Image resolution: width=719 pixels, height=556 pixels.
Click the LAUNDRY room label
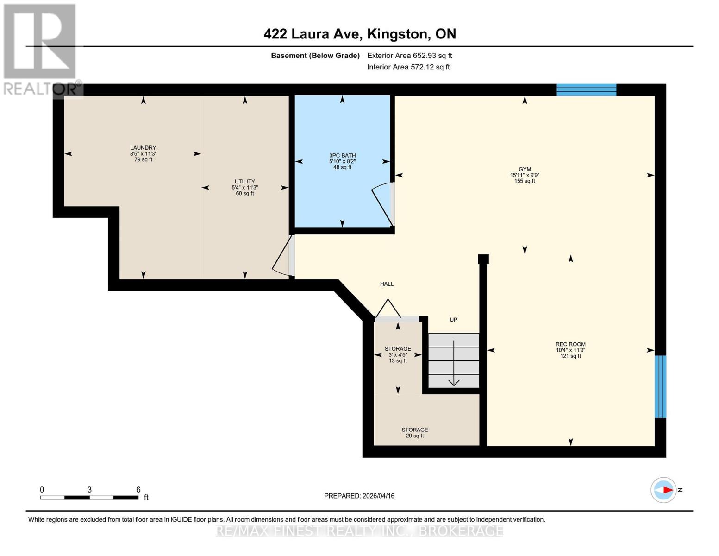tap(143, 148)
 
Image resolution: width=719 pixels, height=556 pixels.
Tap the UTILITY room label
tap(244, 182)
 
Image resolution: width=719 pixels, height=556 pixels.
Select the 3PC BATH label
tap(342, 156)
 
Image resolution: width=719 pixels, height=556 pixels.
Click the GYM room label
tap(525, 170)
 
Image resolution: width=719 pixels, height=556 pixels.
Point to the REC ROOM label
tap(570, 344)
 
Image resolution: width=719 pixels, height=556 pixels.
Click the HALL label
tap(387, 284)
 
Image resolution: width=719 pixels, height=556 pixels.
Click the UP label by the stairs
tap(453, 320)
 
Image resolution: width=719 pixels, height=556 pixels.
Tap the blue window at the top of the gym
tap(586, 90)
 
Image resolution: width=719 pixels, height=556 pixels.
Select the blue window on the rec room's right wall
tap(660, 387)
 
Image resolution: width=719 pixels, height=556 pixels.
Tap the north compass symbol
tap(663, 490)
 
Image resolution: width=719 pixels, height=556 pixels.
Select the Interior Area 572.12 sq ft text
tap(408, 67)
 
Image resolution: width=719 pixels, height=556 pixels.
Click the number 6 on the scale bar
tap(138, 489)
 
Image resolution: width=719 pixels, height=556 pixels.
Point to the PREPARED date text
tap(359, 496)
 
